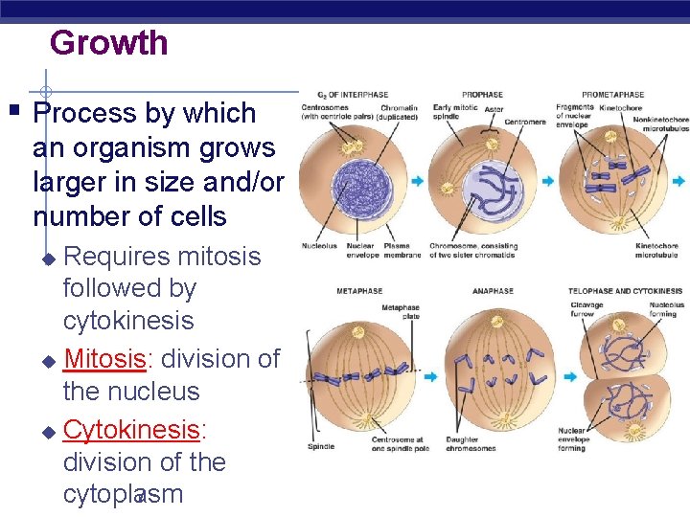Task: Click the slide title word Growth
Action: (x=108, y=43)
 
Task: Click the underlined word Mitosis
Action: (x=104, y=359)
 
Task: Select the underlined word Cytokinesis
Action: (x=130, y=430)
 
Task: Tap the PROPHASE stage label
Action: (x=482, y=95)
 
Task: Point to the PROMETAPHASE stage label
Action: (x=613, y=95)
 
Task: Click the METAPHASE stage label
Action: (x=359, y=291)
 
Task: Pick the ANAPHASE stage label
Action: (x=493, y=291)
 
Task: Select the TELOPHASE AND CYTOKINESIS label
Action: (x=625, y=291)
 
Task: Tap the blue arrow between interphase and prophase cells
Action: (x=418, y=180)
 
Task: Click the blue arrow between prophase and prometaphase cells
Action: (x=548, y=180)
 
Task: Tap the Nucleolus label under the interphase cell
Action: (x=319, y=246)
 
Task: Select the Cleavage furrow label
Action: (x=586, y=309)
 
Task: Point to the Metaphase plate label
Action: (x=400, y=312)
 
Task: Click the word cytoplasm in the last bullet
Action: (x=123, y=494)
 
